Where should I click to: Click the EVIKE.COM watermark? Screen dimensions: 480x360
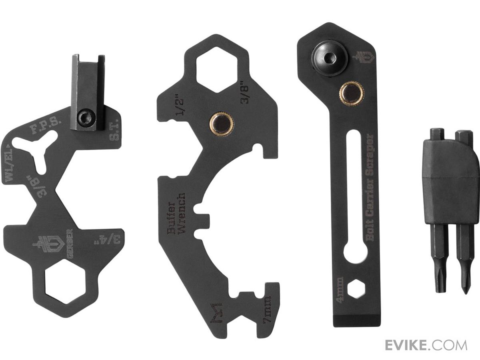(426, 346)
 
